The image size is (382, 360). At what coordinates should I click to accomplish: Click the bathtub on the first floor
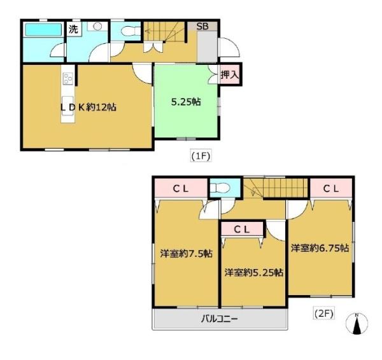[42, 30]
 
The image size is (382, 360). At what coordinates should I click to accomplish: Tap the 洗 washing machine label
[73, 29]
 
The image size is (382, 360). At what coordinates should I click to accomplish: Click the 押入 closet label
[229, 75]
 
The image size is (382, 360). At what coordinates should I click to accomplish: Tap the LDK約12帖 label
[88, 107]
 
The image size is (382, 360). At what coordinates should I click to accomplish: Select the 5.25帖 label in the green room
[186, 100]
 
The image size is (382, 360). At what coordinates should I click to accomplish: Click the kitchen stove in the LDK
[67, 79]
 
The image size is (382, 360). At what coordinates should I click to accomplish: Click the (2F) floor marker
[324, 313]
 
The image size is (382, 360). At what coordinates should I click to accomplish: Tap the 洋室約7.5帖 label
[186, 253]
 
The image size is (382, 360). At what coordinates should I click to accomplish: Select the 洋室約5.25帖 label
[253, 272]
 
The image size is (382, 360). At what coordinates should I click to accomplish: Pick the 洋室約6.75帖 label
[320, 248]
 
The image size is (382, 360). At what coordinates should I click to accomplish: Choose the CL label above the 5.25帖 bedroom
[241, 228]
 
